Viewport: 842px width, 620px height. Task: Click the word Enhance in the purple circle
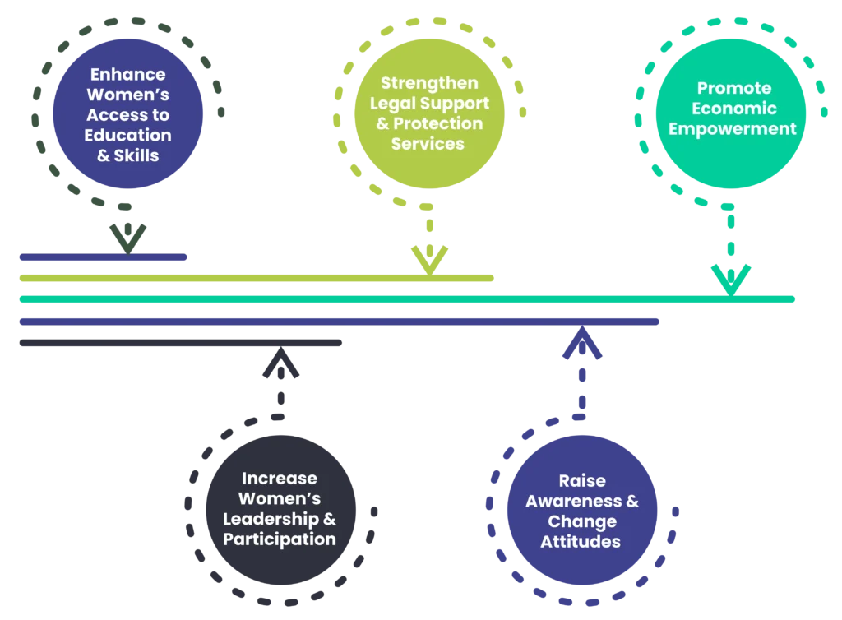(127, 76)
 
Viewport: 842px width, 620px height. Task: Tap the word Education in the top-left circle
(127, 135)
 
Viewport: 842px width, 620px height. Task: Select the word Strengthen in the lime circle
(429, 83)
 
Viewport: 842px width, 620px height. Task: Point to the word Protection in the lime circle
(447, 123)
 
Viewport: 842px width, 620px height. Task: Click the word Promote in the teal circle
(734, 88)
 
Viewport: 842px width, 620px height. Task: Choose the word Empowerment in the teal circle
(733, 129)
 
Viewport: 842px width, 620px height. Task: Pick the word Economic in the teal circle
(734, 109)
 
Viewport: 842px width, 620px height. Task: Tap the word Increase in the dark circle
(279, 479)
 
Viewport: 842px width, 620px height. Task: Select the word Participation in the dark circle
(279, 540)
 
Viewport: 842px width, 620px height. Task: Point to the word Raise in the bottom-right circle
(582, 480)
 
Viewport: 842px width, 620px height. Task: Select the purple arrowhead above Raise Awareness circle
(581, 345)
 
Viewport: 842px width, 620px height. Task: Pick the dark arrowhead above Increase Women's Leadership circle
(280, 367)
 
